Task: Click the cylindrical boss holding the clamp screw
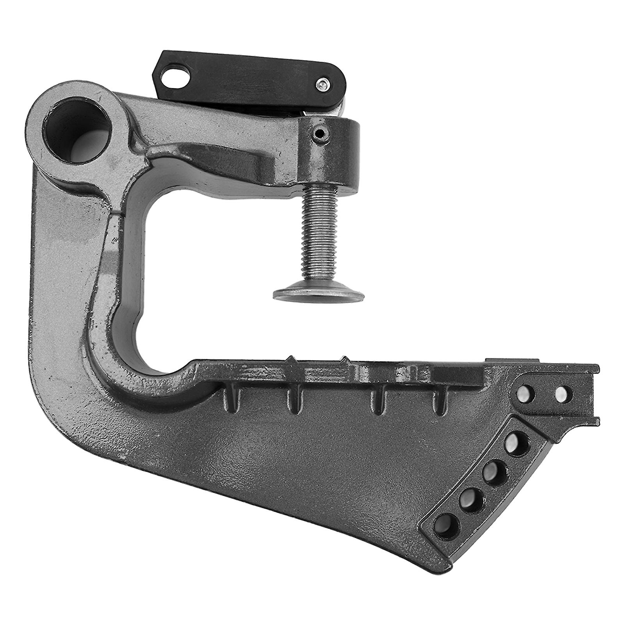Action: (x=332, y=152)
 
